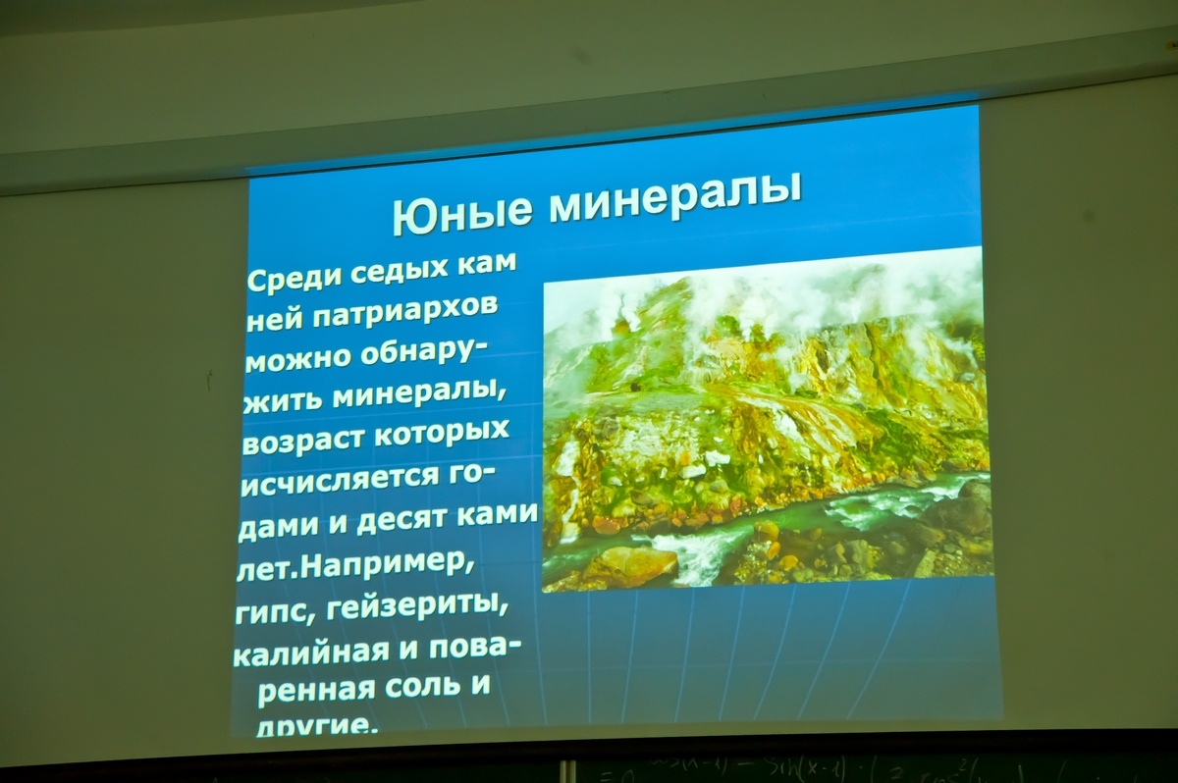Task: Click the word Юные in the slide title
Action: (x=461, y=215)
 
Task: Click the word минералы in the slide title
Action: (x=675, y=197)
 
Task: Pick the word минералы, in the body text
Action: (x=418, y=396)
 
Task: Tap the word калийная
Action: (x=311, y=654)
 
